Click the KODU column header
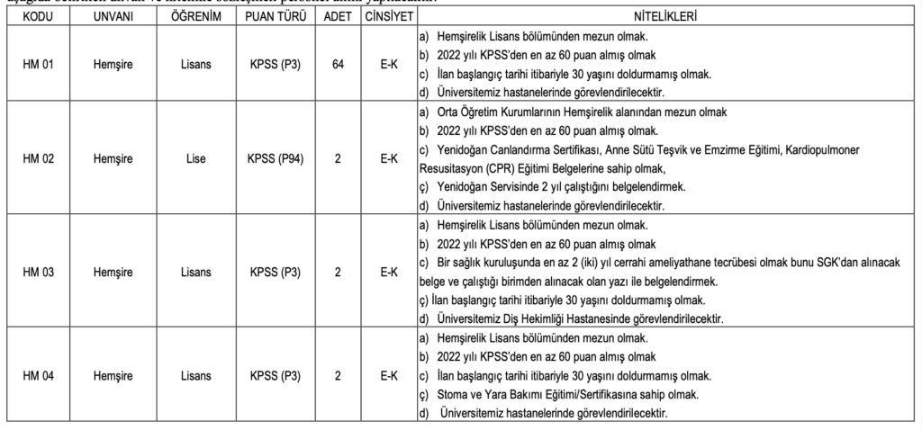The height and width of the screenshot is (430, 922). pos(36,17)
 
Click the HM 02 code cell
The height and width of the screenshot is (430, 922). pos(36,158)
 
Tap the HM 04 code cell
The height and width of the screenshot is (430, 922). pos(36,375)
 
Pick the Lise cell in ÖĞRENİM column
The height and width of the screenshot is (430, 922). pos(194,158)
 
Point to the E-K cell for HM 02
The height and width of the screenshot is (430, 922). pos(389,158)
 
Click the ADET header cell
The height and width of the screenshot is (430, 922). pos(338,17)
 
